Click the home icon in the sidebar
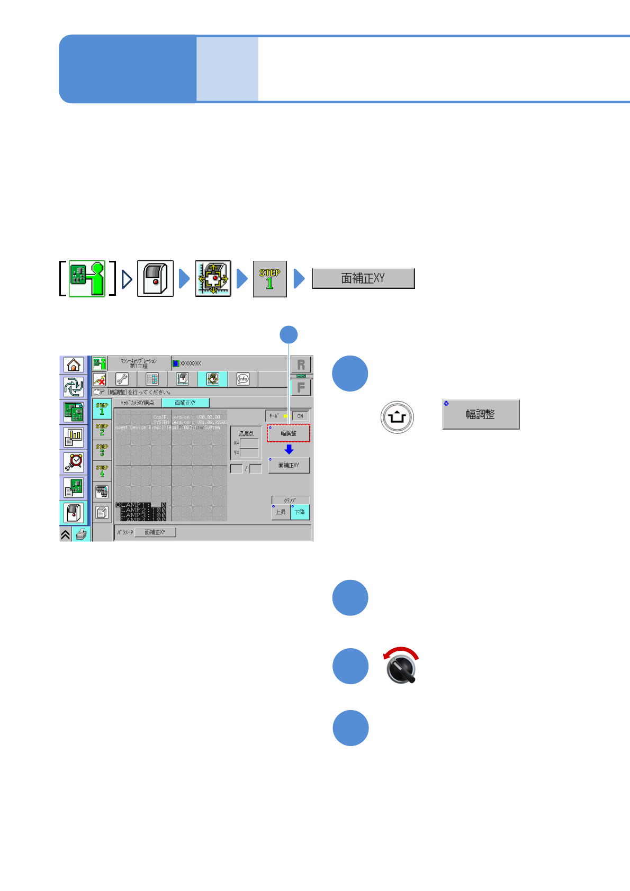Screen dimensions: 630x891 click(x=74, y=365)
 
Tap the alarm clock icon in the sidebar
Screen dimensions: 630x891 click(x=74, y=462)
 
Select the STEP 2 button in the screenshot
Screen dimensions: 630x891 click(x=102, y=430)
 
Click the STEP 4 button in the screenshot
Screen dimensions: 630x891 click(x=102, y=471)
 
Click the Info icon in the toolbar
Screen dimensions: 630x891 click(x=243, y=379)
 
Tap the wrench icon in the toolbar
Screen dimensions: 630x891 click(x=122, y=379)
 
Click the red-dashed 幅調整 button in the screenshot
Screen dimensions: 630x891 click(x=289, y=433)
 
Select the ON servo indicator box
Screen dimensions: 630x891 click(x=300, y=416)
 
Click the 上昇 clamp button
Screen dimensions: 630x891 click(x=281, y=512)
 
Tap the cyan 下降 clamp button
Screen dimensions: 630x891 click(x=300, y=512)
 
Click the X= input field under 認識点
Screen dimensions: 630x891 click(x=249, y=443)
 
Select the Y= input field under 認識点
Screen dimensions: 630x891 click(x=249, y=453)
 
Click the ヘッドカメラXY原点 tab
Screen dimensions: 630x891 click(x=138, y=403)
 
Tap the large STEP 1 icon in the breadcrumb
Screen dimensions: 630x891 click(x=269, y=279)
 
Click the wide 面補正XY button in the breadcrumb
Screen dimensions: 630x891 click(x=363, y=278)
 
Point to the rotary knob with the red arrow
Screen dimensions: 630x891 click(x=401, y=668)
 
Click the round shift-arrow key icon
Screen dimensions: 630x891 click(x=397, y=417)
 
